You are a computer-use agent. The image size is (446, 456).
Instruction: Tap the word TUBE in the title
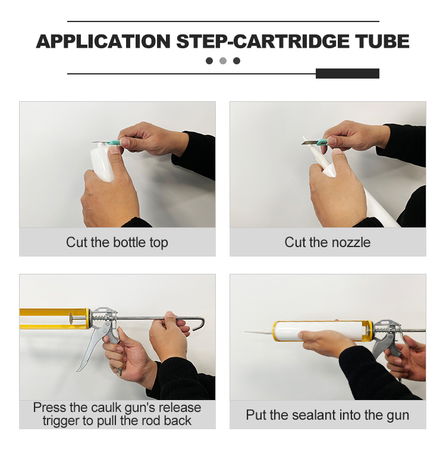[x=383, y=41]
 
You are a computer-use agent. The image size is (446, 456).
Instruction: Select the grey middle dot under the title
[x=223, y=61]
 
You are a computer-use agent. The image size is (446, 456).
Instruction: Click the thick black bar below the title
[x=347, y=74]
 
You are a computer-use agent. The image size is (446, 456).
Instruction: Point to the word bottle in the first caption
[x=129, y=242]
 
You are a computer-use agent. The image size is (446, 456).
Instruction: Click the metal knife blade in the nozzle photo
[x=310, y=142]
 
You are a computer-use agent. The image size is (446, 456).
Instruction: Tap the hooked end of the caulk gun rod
[x=200, y=323]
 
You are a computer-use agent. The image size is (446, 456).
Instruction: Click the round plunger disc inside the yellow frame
[x=70, y=319]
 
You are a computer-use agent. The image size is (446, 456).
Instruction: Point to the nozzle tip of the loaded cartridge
[x=246, y=332]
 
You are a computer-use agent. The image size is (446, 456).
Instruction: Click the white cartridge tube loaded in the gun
[x=319, y=330]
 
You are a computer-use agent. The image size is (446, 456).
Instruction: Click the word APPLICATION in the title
[x=103, y=41]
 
